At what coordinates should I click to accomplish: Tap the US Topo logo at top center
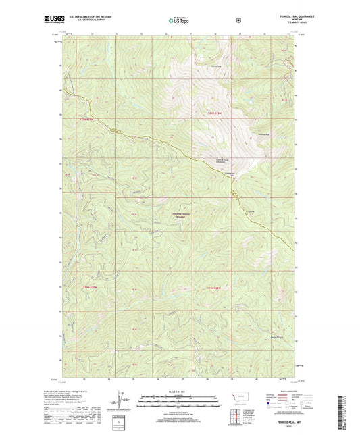pyautogui.click(x=180, y=21)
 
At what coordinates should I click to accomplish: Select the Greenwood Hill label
pyautogui.click(x=230, y=173)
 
